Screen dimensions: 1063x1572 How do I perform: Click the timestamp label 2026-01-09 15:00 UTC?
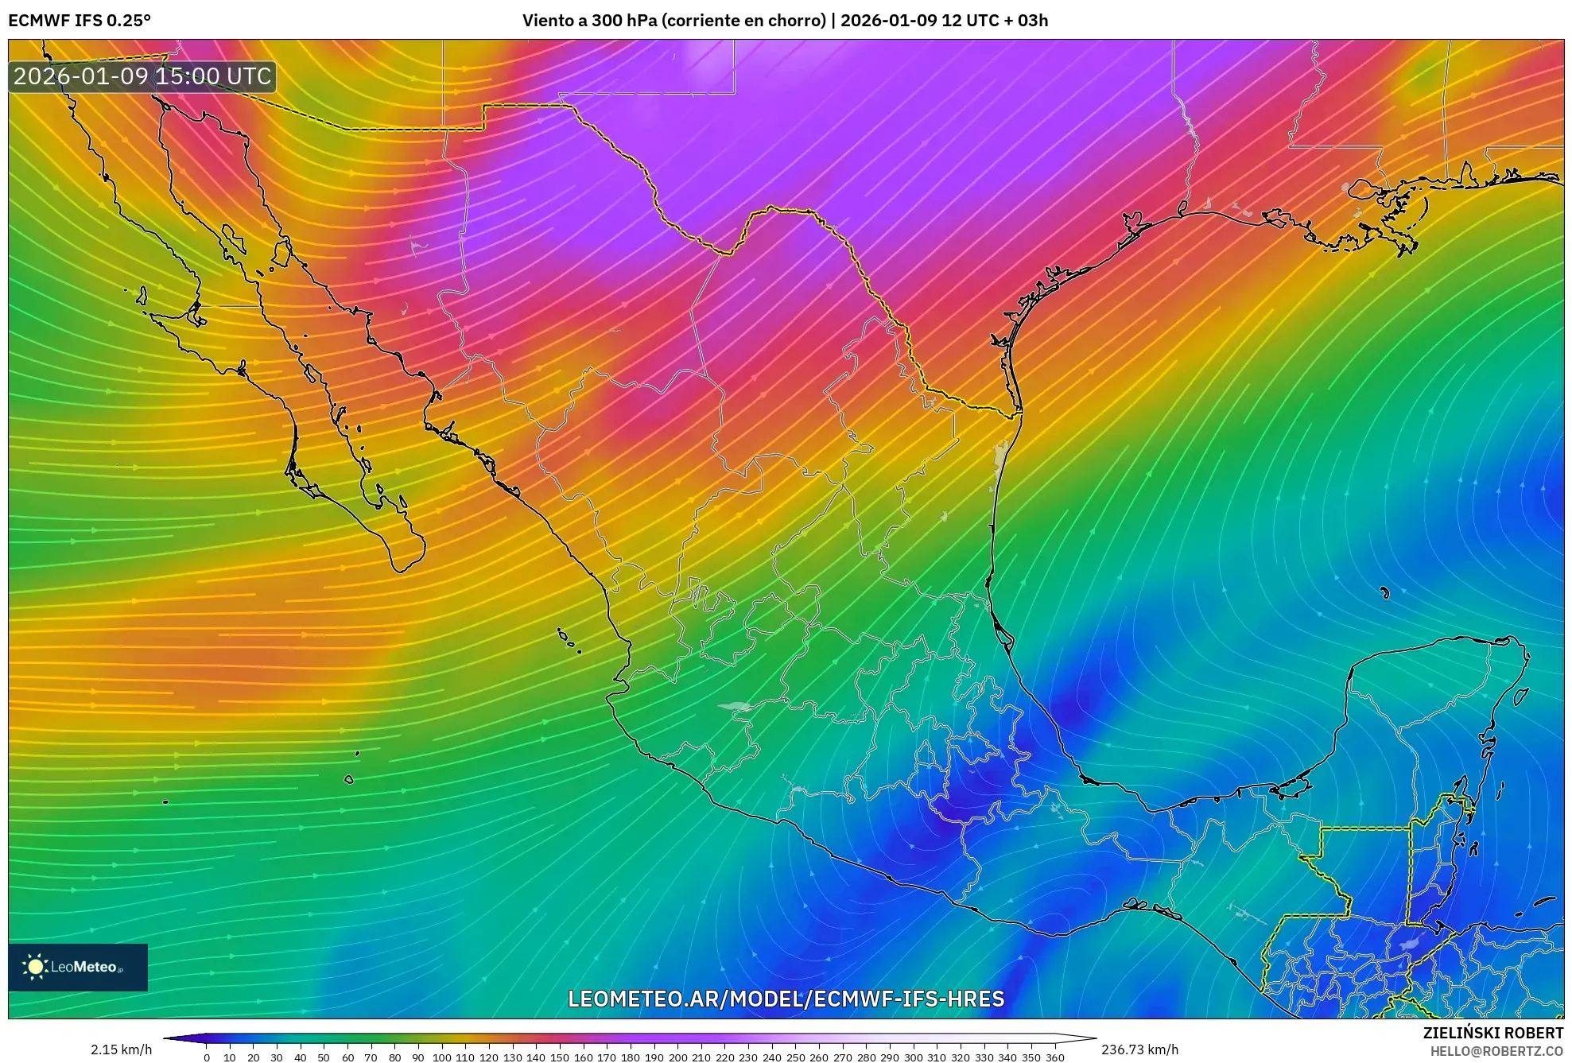[142, 76]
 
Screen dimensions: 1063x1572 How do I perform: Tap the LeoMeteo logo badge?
[78, 967]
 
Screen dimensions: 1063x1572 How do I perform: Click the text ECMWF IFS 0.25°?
[80, 21]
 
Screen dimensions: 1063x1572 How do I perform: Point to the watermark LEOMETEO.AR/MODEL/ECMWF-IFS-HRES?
[786, 999]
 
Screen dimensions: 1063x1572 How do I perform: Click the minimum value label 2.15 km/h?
[121, 1049]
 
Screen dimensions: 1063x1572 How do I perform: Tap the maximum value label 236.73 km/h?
[1139, 1049]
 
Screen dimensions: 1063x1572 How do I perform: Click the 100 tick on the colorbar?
[441, 1057]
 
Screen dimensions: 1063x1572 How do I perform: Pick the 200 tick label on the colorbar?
[677, 1057]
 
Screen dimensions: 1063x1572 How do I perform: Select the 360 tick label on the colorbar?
[1054, 1057]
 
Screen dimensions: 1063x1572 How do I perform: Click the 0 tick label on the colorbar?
[207, 1057]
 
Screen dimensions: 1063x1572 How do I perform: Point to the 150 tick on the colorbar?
[560, 1057]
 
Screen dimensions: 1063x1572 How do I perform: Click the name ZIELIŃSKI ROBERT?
[1492, 1033]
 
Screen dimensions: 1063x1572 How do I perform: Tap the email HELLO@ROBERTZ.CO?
[1496, 1051]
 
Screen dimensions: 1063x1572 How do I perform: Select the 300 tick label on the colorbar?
[913, 1057]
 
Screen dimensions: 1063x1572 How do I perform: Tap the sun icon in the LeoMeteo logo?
[35, 967]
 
